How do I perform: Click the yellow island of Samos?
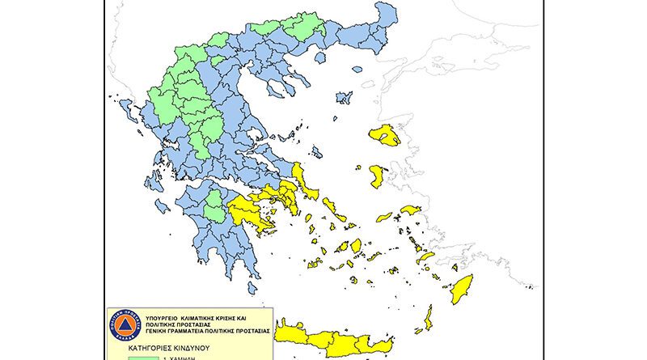(410, 210)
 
